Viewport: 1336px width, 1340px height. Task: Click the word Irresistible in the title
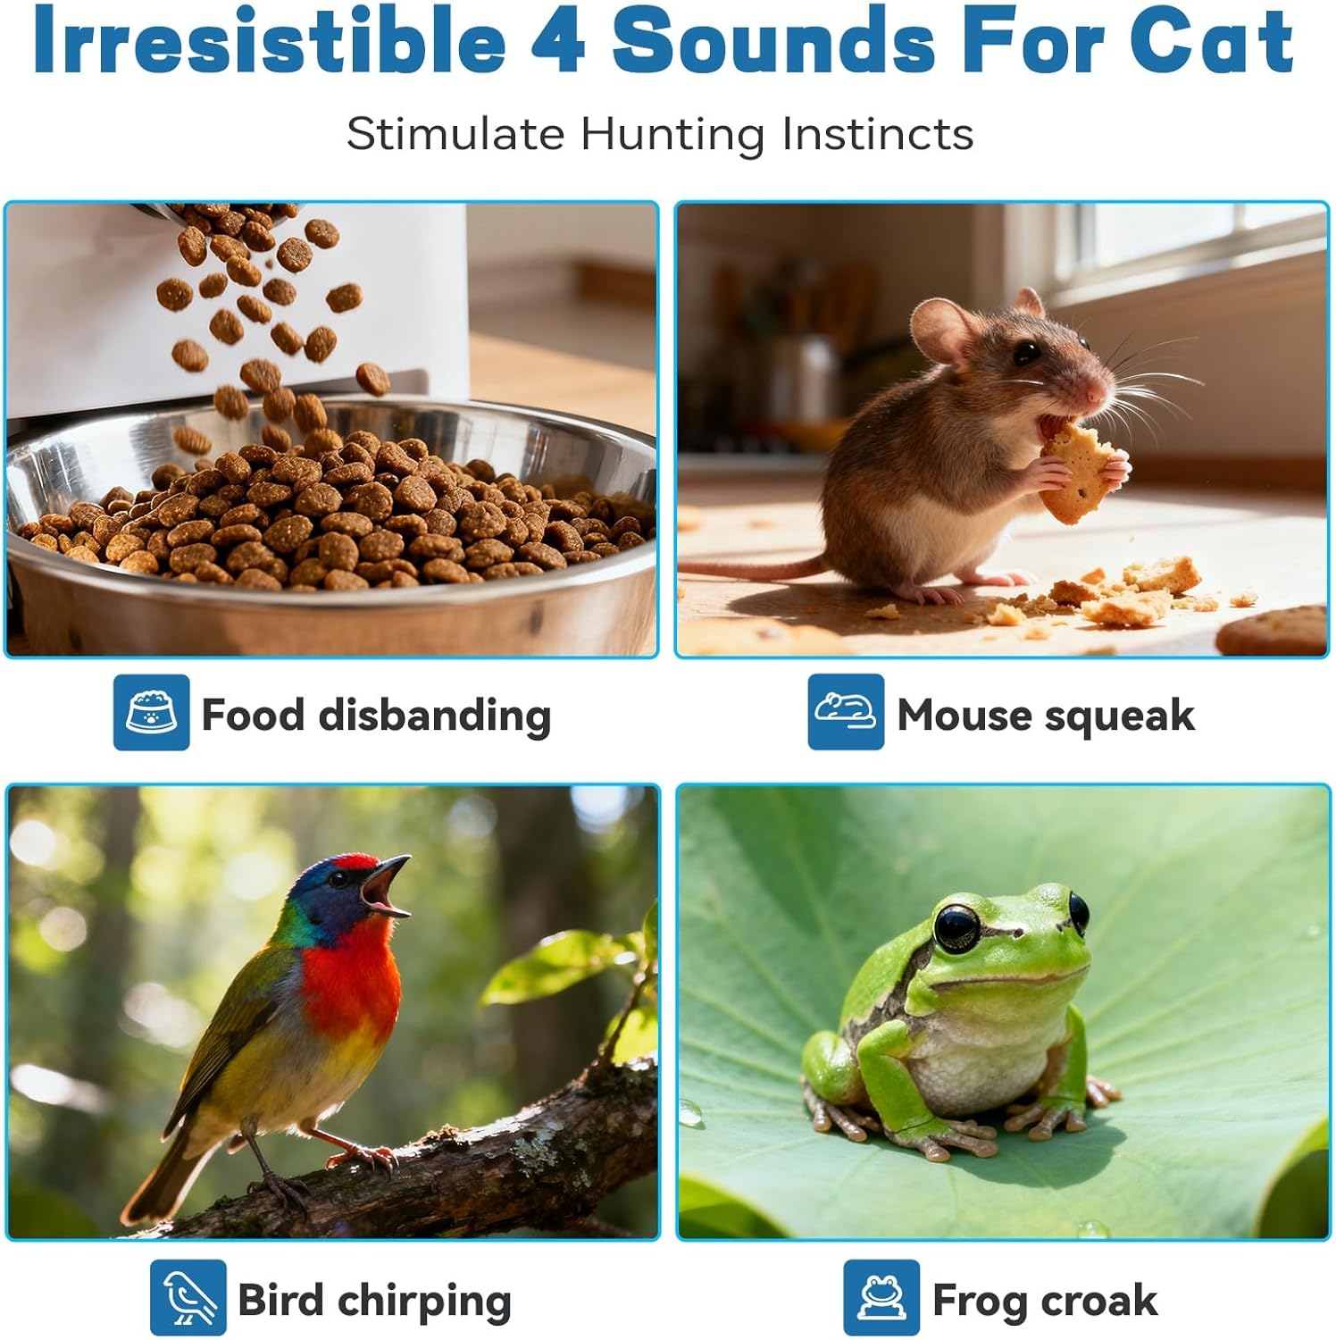coord(269,42)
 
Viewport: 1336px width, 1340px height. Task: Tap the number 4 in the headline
coord(558,42)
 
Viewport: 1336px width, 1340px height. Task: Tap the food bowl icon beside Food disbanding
coord(151,713)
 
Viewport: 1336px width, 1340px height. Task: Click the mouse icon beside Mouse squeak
coord(845,712)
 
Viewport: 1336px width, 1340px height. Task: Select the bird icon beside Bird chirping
coord(188,1297)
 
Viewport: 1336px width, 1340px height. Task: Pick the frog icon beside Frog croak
coord(881,1297)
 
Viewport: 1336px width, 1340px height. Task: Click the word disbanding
coord(434,716)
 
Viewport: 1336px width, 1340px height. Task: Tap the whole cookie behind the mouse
coord(1273,632)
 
